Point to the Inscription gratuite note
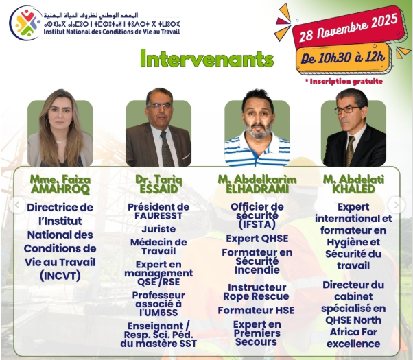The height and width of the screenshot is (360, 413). [344, 81]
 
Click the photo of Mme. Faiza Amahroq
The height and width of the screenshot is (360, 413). [60, 130]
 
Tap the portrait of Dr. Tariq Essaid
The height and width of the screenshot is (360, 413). [158, 130]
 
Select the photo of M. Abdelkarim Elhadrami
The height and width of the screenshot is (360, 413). [257, 130]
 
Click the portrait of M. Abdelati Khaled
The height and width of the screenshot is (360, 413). [354, 130]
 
